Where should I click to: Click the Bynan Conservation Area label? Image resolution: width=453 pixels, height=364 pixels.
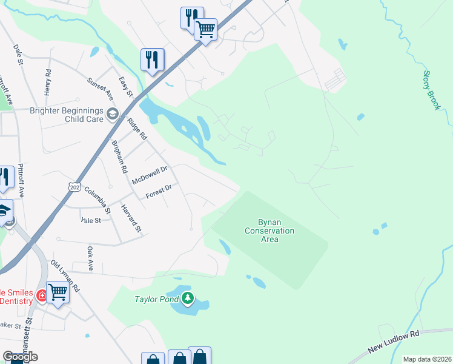(269, 231)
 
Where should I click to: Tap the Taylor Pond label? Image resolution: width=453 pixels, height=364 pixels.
(157, 299)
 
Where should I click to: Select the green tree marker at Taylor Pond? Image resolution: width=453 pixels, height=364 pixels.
(188, 298)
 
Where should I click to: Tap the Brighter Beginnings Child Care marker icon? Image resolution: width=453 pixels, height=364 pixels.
(111, 113)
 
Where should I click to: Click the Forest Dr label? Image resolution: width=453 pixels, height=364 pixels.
(159, 192)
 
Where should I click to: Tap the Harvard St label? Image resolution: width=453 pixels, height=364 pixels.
(131, 218)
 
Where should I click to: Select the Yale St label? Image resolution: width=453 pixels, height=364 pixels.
(90, 221)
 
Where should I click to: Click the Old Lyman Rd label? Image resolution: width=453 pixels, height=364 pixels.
(65, 276)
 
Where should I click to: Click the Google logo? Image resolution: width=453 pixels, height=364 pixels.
(20, 356)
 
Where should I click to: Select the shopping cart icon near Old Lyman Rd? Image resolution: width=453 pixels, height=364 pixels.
(58, 292)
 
